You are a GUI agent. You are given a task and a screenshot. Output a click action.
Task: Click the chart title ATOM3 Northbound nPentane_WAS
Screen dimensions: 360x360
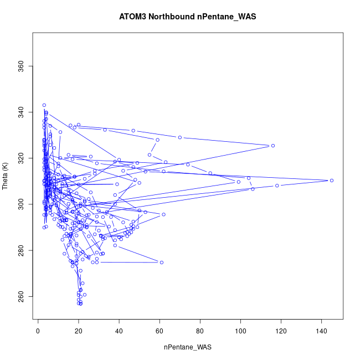188,17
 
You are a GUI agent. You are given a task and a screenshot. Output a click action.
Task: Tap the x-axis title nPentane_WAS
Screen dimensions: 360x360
188,347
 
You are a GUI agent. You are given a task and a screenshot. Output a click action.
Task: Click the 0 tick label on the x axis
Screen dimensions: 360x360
38,331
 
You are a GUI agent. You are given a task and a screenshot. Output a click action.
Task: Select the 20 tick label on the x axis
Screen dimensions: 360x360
78,331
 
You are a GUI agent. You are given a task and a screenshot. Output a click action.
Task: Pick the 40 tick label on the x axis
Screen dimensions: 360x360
119,331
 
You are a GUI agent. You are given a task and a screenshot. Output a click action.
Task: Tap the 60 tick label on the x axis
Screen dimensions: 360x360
160,331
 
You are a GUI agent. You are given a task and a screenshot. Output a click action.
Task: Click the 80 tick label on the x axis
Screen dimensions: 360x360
200,331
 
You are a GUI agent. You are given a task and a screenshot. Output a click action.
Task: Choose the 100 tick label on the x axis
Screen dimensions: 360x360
240,331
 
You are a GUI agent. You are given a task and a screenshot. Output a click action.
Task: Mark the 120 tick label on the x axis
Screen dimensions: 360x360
281,331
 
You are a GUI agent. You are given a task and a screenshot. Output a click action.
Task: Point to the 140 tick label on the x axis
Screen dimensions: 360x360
322,331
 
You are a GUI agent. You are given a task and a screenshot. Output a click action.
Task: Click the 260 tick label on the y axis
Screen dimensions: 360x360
21,297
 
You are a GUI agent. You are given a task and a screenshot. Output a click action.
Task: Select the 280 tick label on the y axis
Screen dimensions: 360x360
21,251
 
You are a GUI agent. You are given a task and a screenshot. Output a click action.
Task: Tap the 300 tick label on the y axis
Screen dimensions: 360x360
21,205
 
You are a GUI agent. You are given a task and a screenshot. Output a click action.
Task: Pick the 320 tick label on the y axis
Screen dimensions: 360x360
21,159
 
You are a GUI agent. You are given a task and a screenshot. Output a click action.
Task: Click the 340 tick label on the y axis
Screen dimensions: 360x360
21,113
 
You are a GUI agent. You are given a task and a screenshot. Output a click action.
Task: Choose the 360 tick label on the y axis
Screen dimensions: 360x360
21,67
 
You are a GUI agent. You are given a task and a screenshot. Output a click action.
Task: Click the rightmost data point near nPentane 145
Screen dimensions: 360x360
332,181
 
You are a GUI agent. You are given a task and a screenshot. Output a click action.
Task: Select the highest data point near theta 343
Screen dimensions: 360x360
44,105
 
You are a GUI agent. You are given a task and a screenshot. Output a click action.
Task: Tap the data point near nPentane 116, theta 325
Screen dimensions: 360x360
273,146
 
